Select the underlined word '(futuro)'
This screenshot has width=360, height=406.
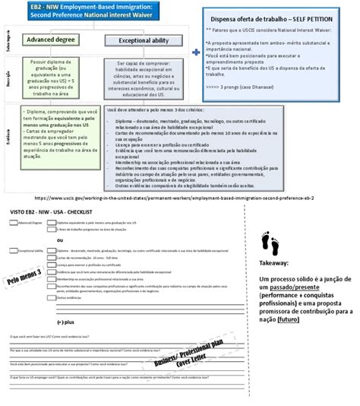tap(288, 319)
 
